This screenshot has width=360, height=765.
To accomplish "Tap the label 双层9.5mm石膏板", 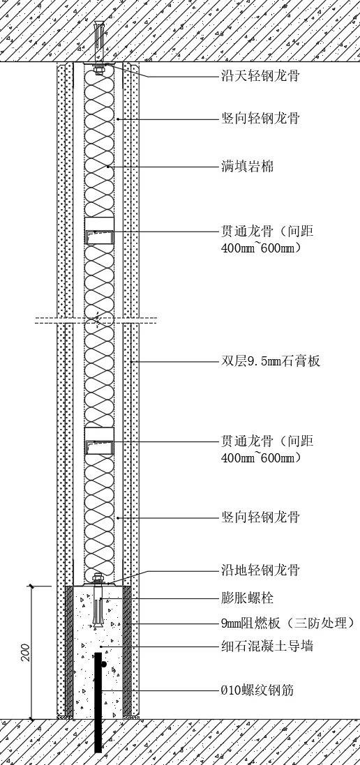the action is point(270,361).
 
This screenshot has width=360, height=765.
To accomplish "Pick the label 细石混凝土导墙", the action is point(267,647).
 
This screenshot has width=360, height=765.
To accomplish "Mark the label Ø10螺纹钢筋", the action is point(257,690).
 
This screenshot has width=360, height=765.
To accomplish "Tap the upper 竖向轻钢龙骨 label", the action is point(260,119).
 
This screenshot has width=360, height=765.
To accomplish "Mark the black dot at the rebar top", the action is point(103,664).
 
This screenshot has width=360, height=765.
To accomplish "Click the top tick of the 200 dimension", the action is point(32,586).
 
